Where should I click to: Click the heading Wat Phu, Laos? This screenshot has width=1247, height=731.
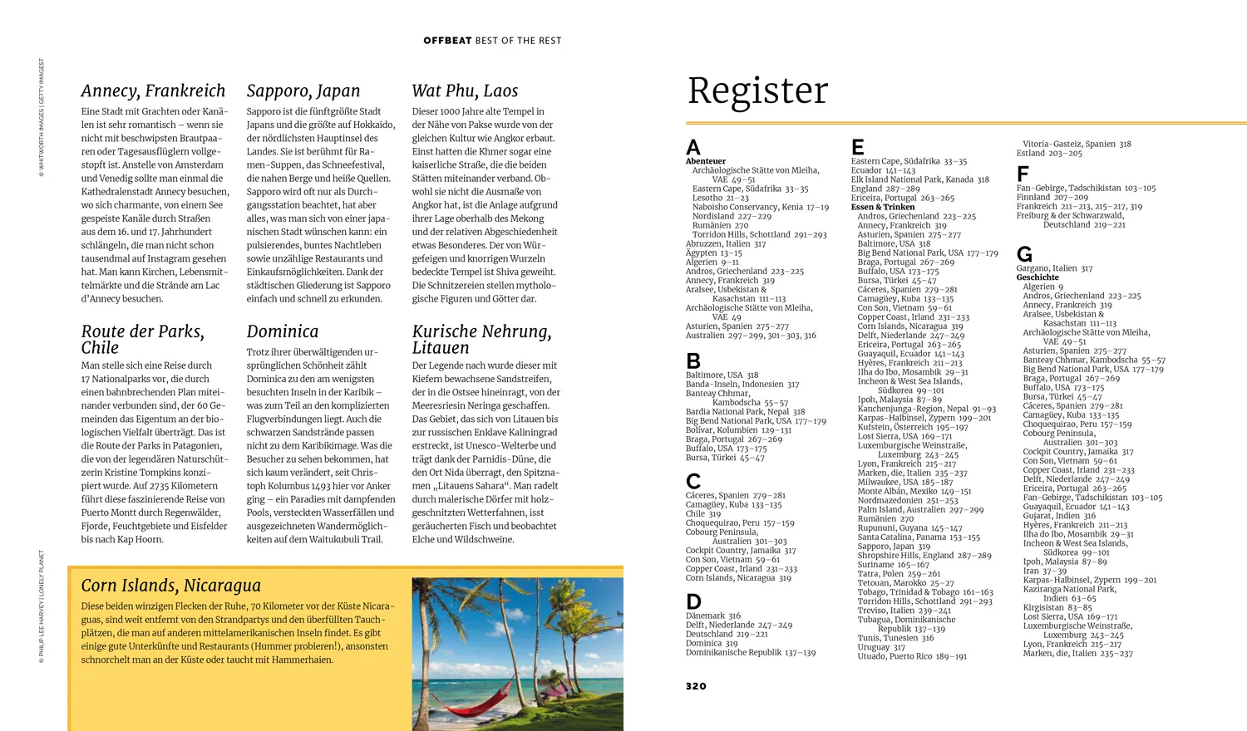tap(465, 91)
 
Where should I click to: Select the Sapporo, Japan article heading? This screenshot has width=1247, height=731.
tap(303, 91)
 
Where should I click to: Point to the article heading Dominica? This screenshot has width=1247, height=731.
tap(283, 331)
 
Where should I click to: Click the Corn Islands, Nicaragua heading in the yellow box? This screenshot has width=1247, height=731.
tap(170, 586)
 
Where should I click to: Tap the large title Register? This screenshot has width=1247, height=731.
tap(757, 91)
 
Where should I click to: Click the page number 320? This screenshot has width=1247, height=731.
tap(696, 686)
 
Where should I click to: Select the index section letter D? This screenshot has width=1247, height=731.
tap(693, 601)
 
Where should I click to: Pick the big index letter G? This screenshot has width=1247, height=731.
tap(1024, 254)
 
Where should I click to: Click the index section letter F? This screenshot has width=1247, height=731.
tap(1023, 174)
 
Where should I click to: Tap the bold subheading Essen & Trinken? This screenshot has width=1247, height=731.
tap(883, 207)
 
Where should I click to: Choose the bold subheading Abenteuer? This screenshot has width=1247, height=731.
tap(706, 161)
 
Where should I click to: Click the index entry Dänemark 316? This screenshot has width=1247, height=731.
tap(713, 616)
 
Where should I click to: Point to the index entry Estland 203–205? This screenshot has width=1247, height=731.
tap(1049, 153)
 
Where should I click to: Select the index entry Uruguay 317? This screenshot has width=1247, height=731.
tap(881, 647)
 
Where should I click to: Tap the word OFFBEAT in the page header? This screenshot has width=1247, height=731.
tap(447, 41)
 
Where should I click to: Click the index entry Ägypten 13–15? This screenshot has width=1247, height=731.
tap(713, 253)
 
